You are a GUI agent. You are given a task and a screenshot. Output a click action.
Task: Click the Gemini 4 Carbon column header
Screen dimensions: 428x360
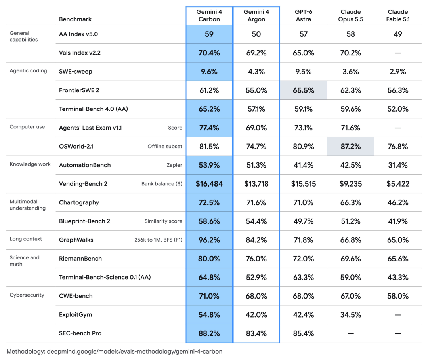coord(209,15)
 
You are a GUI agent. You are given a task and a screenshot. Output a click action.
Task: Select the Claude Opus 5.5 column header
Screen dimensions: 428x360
coord(350,15)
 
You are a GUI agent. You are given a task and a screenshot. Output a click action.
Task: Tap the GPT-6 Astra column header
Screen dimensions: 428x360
coord(303,15)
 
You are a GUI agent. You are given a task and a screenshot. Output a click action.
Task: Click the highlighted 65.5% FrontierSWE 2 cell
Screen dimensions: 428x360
coord(303,90)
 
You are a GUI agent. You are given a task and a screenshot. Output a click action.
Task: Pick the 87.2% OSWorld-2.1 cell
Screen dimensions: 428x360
coord(350,147)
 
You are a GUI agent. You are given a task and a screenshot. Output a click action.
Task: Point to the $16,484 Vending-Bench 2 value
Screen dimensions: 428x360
coord(209,184)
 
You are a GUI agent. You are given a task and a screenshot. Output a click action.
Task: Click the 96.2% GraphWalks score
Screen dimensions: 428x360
coord(209,240)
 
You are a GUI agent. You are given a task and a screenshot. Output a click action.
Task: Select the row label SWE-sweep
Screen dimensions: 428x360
coord(76,72)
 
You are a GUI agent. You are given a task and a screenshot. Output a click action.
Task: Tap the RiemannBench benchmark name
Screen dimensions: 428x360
coord(80,259)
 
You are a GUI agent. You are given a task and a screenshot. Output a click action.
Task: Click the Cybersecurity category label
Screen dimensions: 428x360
coord(27,295)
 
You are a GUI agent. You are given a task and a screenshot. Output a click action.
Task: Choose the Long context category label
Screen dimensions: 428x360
coord(26,239)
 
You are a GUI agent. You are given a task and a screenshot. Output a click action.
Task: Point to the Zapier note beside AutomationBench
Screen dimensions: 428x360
coord(174,165)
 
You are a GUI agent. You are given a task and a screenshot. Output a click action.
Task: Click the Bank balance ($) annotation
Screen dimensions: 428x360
coord(162,183)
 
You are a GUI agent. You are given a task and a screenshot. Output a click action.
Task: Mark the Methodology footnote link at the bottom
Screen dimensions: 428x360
coord(115,352)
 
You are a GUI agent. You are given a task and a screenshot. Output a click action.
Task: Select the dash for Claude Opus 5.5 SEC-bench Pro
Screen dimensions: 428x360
coord(350,333)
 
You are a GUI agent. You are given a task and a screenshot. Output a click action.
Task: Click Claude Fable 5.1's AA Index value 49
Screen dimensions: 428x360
coord(398,34)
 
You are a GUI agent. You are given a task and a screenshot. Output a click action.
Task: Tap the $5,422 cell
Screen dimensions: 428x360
coord(398,184)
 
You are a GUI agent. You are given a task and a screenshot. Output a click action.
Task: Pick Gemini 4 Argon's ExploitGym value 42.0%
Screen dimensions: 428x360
coord(256,315)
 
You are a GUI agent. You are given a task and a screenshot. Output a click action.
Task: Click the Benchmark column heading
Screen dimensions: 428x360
coord(75,19)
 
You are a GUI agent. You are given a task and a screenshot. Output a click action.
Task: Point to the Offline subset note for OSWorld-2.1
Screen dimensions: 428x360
coord(165,146)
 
